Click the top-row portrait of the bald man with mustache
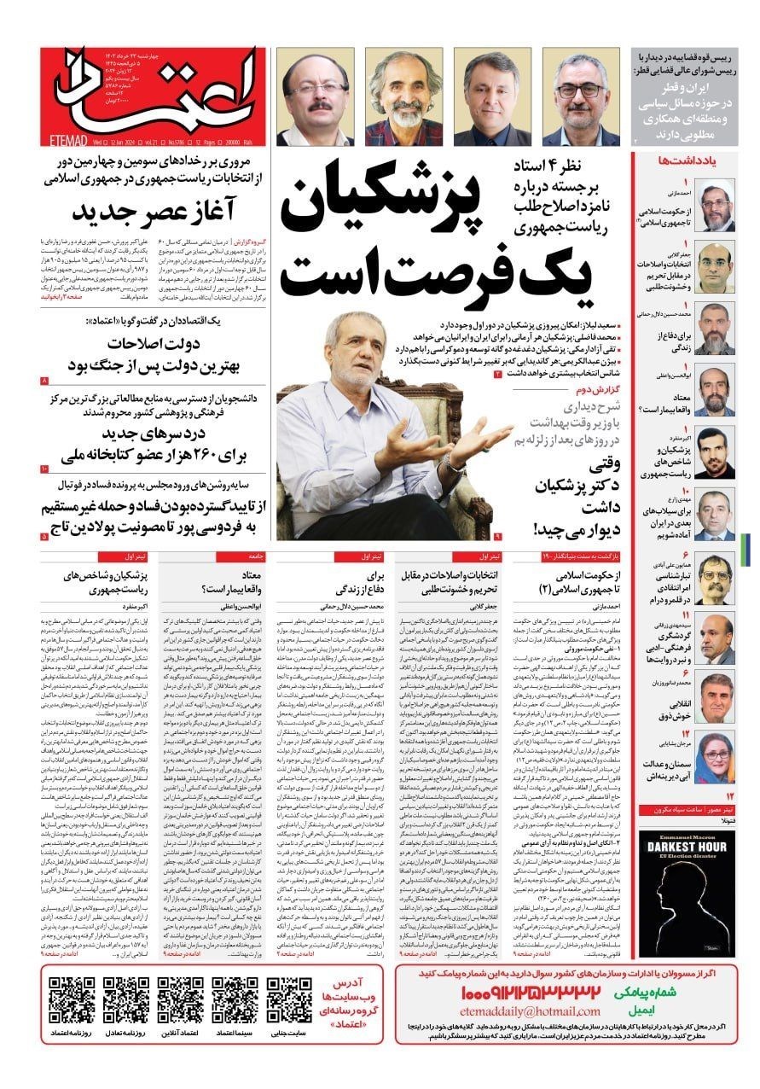[x=314, y=98]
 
